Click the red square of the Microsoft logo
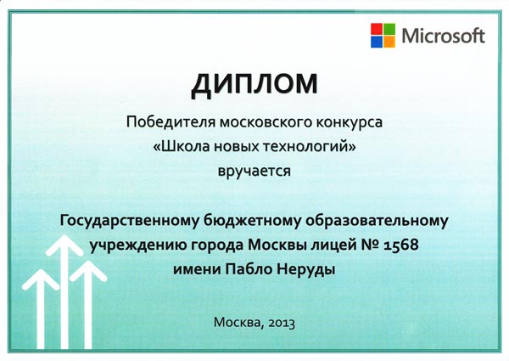[377, 29]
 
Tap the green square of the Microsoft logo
[389, 29]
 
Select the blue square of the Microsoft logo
[377, 42]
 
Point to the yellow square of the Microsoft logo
[389, 42]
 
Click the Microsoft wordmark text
[443, 36]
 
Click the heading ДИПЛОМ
[255, 84]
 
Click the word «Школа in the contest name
[182, 147]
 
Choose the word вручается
[255, 172]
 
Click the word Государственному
[129, 221]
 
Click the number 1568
[401, 245]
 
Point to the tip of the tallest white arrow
[64, 235]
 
